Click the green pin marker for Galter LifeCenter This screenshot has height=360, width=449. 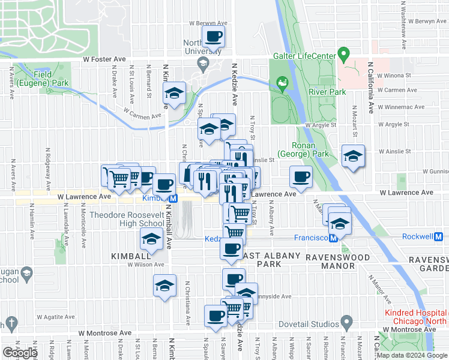(x=344, y=55)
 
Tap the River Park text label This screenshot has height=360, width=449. (x=327, y=92)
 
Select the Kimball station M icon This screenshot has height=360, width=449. (x=173, y=198)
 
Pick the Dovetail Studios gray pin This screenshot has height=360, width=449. (x=346, y=322)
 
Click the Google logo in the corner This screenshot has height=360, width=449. (x=20, y=353)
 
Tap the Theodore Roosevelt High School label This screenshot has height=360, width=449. (x=127, y=219)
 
